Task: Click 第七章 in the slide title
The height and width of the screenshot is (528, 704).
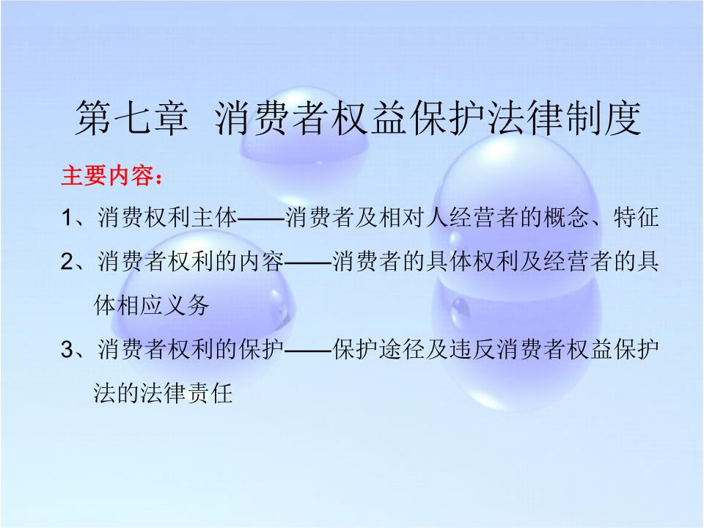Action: [x=131, y=118]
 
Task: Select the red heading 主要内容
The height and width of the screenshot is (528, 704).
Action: [x=107, y=175]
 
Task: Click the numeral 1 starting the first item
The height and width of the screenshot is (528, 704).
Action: [x=67, y=218]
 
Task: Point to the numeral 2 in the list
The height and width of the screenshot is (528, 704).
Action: [x=67, y=261]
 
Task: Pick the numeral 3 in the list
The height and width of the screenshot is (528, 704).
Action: [x=67, y=349]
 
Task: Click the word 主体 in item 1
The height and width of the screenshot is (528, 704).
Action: [x=213, y=218]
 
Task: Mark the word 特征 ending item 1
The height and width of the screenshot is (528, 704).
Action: [x=637, y=218]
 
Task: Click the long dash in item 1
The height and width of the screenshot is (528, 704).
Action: [x=261, y=219]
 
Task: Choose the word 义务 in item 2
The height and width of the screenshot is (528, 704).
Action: [x=186, y=306]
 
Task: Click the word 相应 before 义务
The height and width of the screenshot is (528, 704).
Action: [x=139, y=306]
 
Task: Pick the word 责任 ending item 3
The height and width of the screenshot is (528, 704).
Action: [x=210, y=393]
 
